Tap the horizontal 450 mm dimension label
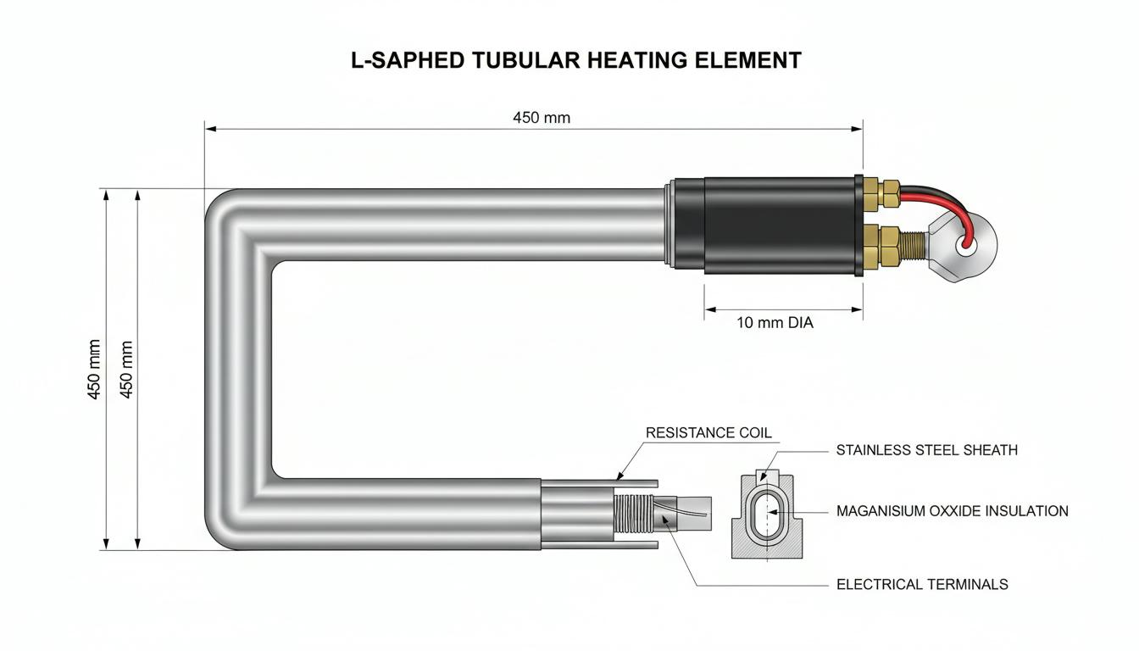click(542, 118)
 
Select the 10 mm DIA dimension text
click(775, 322)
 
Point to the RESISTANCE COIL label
click(708, 433)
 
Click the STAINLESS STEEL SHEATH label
click(927, 450)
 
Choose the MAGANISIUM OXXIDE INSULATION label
click(953, 511)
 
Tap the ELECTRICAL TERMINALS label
click(922, 584)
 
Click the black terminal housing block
click(781, 225)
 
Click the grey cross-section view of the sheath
click(767, 515)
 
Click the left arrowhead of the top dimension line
click(211, 129)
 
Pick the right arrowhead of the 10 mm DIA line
click(856, 309)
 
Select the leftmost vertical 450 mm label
click(95, 370)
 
